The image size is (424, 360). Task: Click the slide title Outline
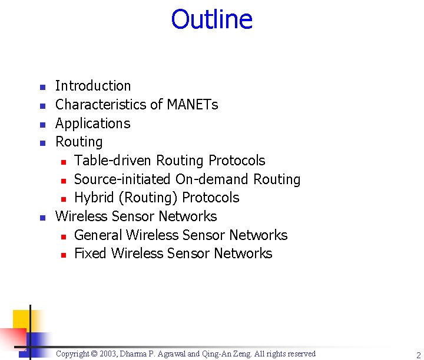(x=211, y=19)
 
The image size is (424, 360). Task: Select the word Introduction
(x=93, y=86)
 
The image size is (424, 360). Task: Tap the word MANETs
(x=193, y=105)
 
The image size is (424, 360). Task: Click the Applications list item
(x=92, y=124)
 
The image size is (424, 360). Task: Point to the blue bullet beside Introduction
(x=42, y=88)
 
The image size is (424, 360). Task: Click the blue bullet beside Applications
(x=42, y=125)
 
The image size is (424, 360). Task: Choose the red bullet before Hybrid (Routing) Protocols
(x=64, y=199)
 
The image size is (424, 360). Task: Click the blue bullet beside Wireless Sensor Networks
(x=42, y=218)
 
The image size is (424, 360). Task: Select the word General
(x=98, y=235)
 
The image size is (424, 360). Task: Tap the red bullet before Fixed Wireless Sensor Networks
(x=64, y=255)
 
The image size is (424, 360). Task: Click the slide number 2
(x=418, y=355)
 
